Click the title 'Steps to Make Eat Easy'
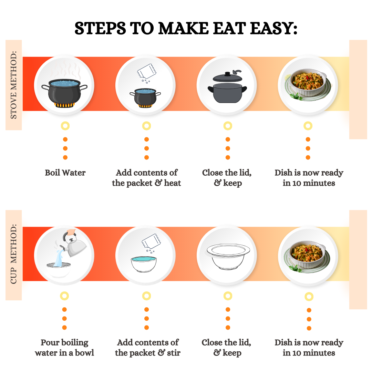pyautogui.click(x=186, y=28)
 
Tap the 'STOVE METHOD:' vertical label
pyautogui.click(x=14, y=85)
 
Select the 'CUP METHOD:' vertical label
pyautogui.click(x=14, y=254)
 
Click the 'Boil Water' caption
pyautogui.click(x=65, y=173)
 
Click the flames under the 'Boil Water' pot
pyautogui.click(x=64, y=105)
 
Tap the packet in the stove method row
pyautogui.click(x=147, y=71)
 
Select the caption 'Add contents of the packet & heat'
pyautogui.click(x=146, y=178)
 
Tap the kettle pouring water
pyautogui.click(x=73, y=246)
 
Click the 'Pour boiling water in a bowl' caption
pyautogui.click(x=64, y=348)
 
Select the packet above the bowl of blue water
pyautogui.click(x=151, y=241)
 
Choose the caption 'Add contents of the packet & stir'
pyautogui.click(x=147, y=348)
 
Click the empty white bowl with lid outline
pyautogui.click(x=227, y=256)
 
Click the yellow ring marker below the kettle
pyautogui.click(x=64, y=296)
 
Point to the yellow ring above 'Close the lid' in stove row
pyautogui.click(x=228, y=126)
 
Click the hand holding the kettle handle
pyautogui.click(x=71, y=232)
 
